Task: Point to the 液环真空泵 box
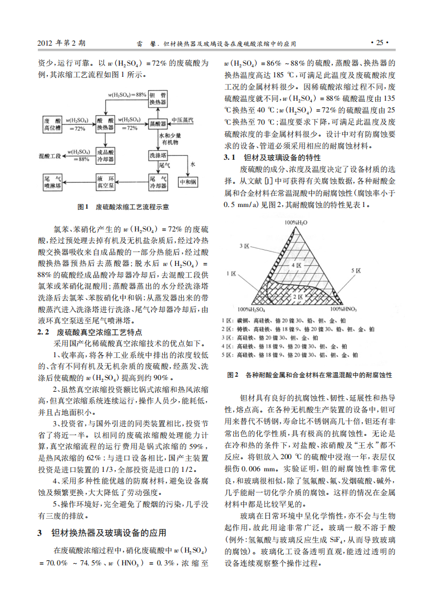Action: coord(106,182)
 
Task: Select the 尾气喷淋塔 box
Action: coord(53,182)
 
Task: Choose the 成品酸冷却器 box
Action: coord(106,155)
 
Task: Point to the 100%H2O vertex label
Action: coord(297,223)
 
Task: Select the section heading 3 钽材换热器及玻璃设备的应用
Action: coord(103,533)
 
